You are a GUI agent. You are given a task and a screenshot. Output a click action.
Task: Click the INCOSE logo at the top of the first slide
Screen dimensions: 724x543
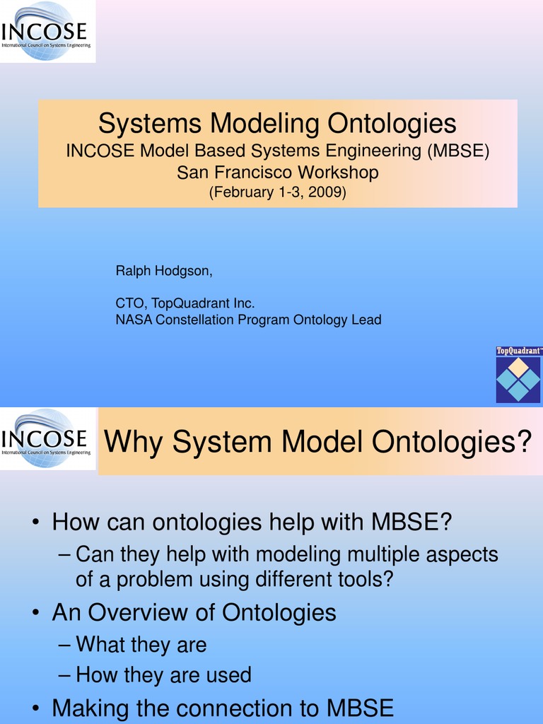[x=47, y=31]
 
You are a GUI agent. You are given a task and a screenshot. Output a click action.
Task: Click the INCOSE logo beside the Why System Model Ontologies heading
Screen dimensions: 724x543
[x=47, y=438]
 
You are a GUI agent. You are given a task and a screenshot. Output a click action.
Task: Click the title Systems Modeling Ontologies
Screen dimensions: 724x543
[x=277, y=124]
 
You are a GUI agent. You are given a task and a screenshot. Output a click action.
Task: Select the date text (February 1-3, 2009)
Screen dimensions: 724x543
[x=277, y=192]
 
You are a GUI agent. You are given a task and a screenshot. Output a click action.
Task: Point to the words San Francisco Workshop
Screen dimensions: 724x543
[x=277, y=172]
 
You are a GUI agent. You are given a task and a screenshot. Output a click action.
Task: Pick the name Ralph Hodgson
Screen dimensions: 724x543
[x=163, y=271]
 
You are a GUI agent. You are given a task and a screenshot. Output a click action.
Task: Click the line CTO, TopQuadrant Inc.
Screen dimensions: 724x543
[x=185, y=303]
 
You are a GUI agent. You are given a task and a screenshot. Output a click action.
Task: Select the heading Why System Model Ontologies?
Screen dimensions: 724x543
[x=317, y=443]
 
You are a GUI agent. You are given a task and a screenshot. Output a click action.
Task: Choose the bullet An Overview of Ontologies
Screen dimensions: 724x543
[x=194, y=612]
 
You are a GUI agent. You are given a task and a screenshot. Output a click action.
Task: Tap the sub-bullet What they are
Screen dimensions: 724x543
[x=141, y=644]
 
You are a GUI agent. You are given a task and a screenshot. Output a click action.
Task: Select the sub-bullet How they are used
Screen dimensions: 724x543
[x=163, y=675]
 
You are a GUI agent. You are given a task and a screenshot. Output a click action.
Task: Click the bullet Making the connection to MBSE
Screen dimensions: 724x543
[x=223, y=708]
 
